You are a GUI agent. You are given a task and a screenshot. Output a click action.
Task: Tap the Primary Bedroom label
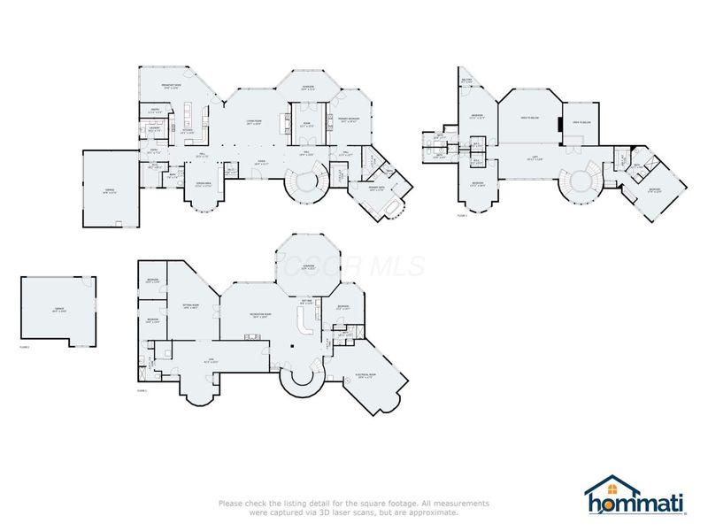[349, 119]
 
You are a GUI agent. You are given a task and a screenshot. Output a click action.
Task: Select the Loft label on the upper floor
[535, 158]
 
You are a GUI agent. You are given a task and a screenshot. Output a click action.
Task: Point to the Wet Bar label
[307, 302]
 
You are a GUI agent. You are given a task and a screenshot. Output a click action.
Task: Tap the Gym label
[210, 361]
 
